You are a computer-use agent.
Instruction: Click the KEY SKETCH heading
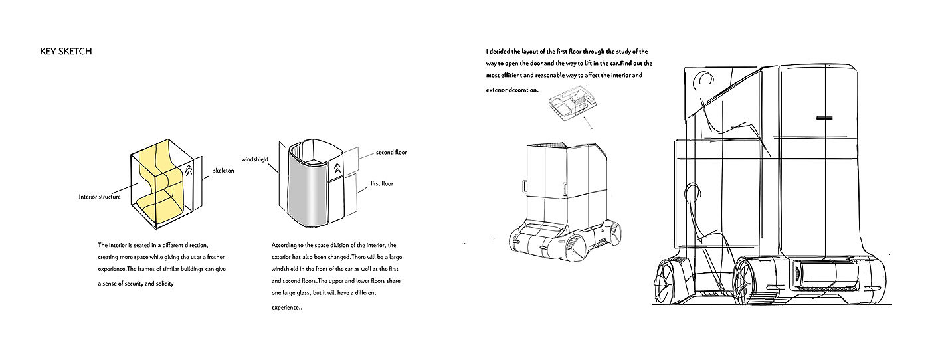[x=66, y=51]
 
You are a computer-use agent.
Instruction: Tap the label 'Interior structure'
[x=100, y=197]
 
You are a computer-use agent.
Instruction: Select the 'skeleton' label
[x=223, y=171]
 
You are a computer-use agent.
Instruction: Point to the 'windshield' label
[x=255, y=160]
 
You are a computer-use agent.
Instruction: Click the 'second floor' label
[x=391, y=152]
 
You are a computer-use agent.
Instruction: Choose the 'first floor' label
[x=382, y=183]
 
